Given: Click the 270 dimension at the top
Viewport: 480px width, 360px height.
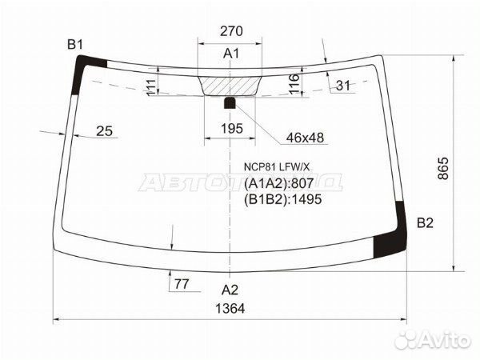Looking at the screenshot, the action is pos(231,31).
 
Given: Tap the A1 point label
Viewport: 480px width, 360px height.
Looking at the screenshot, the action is pos(231,54).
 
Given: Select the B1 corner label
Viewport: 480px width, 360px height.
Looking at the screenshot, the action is pos(75,45).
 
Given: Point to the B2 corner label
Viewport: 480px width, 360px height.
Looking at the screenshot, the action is pos(426,223).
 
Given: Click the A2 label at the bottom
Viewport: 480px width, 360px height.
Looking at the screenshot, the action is pos(230,290).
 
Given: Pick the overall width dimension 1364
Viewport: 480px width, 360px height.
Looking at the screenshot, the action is pos(230,309).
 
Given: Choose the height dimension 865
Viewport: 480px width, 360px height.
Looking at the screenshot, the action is pos(443,168).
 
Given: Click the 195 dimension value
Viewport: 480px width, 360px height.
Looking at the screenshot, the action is pos(232,129).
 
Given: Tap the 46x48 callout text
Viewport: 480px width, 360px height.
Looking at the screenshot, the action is pos(305,138).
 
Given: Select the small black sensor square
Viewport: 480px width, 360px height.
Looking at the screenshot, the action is pos(230,103).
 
